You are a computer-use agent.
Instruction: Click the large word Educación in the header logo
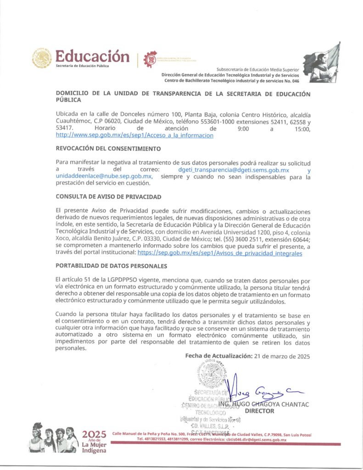tap(92, 56)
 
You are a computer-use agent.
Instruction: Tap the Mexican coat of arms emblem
tap(42, 58)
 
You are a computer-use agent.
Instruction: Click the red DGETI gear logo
tap(150, 58)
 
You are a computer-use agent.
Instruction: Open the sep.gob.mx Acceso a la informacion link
tap(134, 135)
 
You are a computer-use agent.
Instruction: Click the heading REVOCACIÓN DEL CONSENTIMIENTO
tap(108, 149)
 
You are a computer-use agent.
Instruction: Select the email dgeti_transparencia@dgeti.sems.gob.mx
tap(233, 170)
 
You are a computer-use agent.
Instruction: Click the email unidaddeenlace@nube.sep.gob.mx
tap(104, 176)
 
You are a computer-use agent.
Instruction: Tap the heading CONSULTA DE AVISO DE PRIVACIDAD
tap(108, 196)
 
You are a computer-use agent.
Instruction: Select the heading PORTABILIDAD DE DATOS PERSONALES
tap(111, 266)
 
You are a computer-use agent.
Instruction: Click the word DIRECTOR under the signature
tap(259, 411)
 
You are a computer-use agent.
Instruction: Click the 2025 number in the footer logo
tap(94, 434)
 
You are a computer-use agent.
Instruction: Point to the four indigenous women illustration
tap(54, 439)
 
